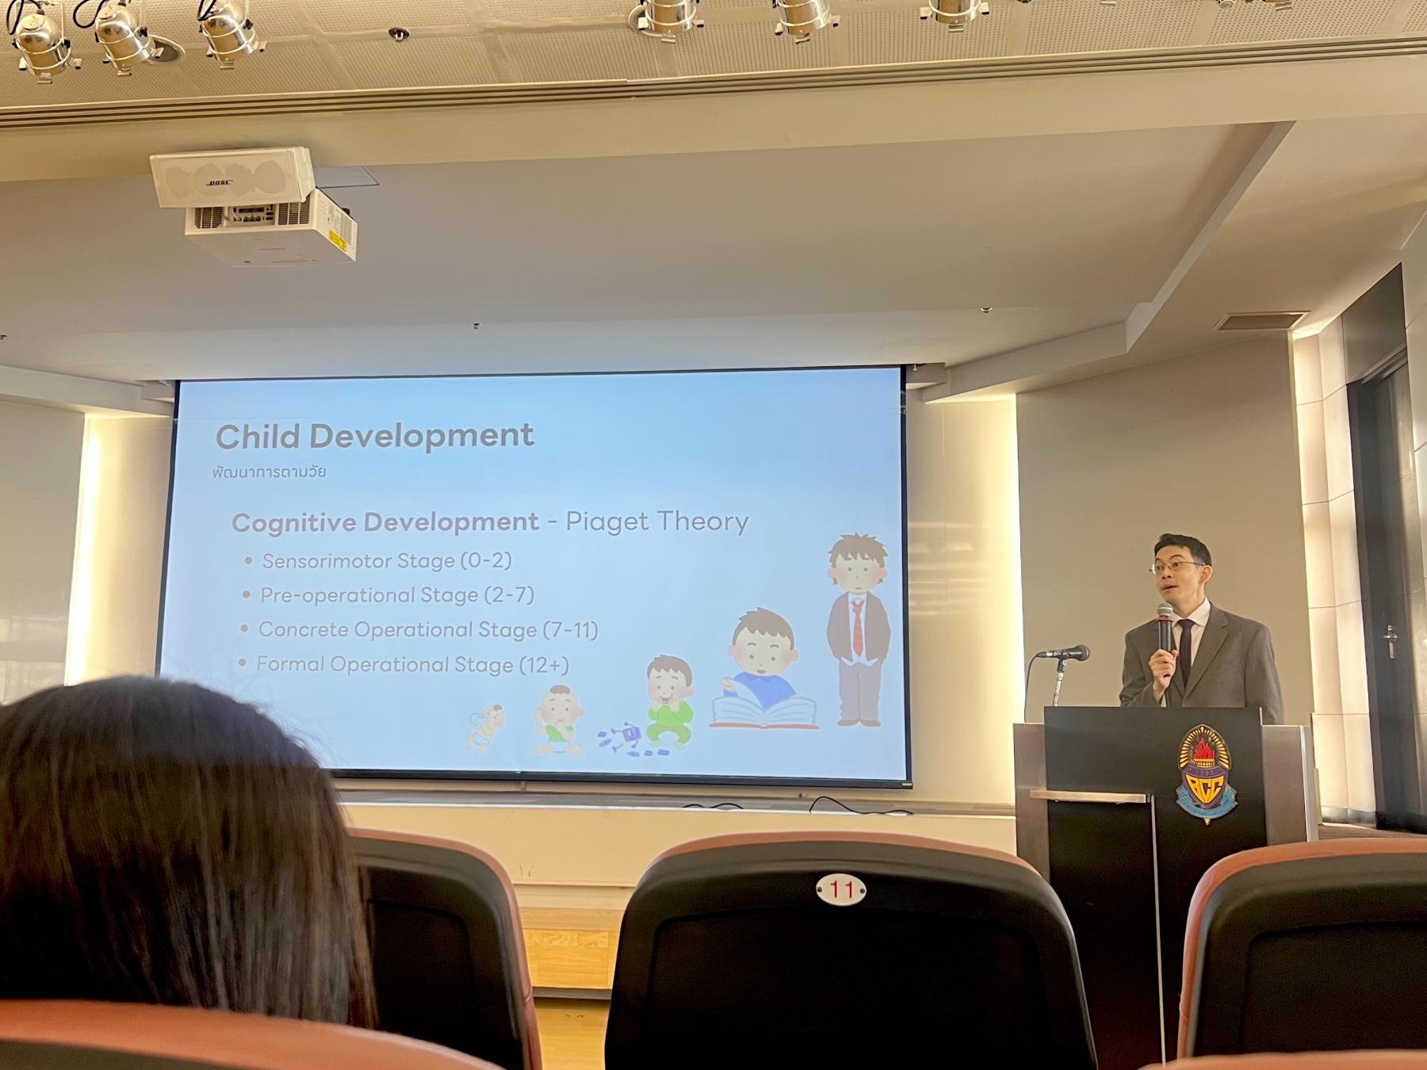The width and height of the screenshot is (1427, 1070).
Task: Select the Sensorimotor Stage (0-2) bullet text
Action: (387, 561)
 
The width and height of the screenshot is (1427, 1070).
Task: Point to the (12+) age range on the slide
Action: (544, 665)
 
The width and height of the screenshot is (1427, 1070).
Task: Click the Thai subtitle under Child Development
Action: (270, 472)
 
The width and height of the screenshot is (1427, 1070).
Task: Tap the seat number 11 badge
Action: (841, 890)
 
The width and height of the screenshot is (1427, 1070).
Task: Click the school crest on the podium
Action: (1206, 774)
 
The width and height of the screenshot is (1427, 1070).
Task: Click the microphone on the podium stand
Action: (1065, 654)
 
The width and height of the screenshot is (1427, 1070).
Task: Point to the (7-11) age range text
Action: (571, 630)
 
